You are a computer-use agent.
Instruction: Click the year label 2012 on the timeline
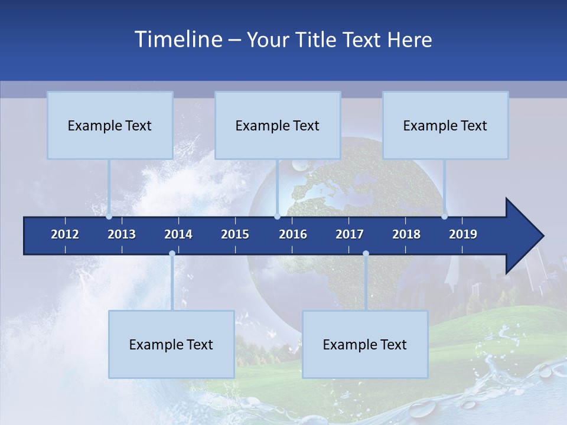coord(65,234)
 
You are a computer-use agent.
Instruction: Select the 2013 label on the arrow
coord(122,234)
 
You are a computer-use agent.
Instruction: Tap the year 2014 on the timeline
coord(178,234)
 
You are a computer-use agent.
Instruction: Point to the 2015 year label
coord(235,234)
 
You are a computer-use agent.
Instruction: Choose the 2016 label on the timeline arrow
coord(293,234)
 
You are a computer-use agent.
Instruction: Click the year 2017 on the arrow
coord(350,234)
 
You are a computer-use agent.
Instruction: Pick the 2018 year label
coord(406,234)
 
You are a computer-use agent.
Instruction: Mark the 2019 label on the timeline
coord(463,234)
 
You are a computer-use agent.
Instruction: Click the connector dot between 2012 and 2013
coord(109,217)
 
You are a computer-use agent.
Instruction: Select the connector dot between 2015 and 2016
coord(277,217)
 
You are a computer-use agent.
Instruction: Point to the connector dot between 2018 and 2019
coord(444,217)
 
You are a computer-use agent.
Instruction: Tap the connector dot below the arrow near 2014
coord(172,254)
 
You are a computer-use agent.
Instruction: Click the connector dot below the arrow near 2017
coord(366,254)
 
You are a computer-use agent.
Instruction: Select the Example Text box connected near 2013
coord(110,125)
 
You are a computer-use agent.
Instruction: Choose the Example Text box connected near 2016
coord(278,125)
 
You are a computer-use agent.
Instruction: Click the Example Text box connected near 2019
coord(445,125)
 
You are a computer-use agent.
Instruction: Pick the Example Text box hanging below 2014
coord(171,344)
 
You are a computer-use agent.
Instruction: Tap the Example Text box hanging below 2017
coord(365,344)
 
